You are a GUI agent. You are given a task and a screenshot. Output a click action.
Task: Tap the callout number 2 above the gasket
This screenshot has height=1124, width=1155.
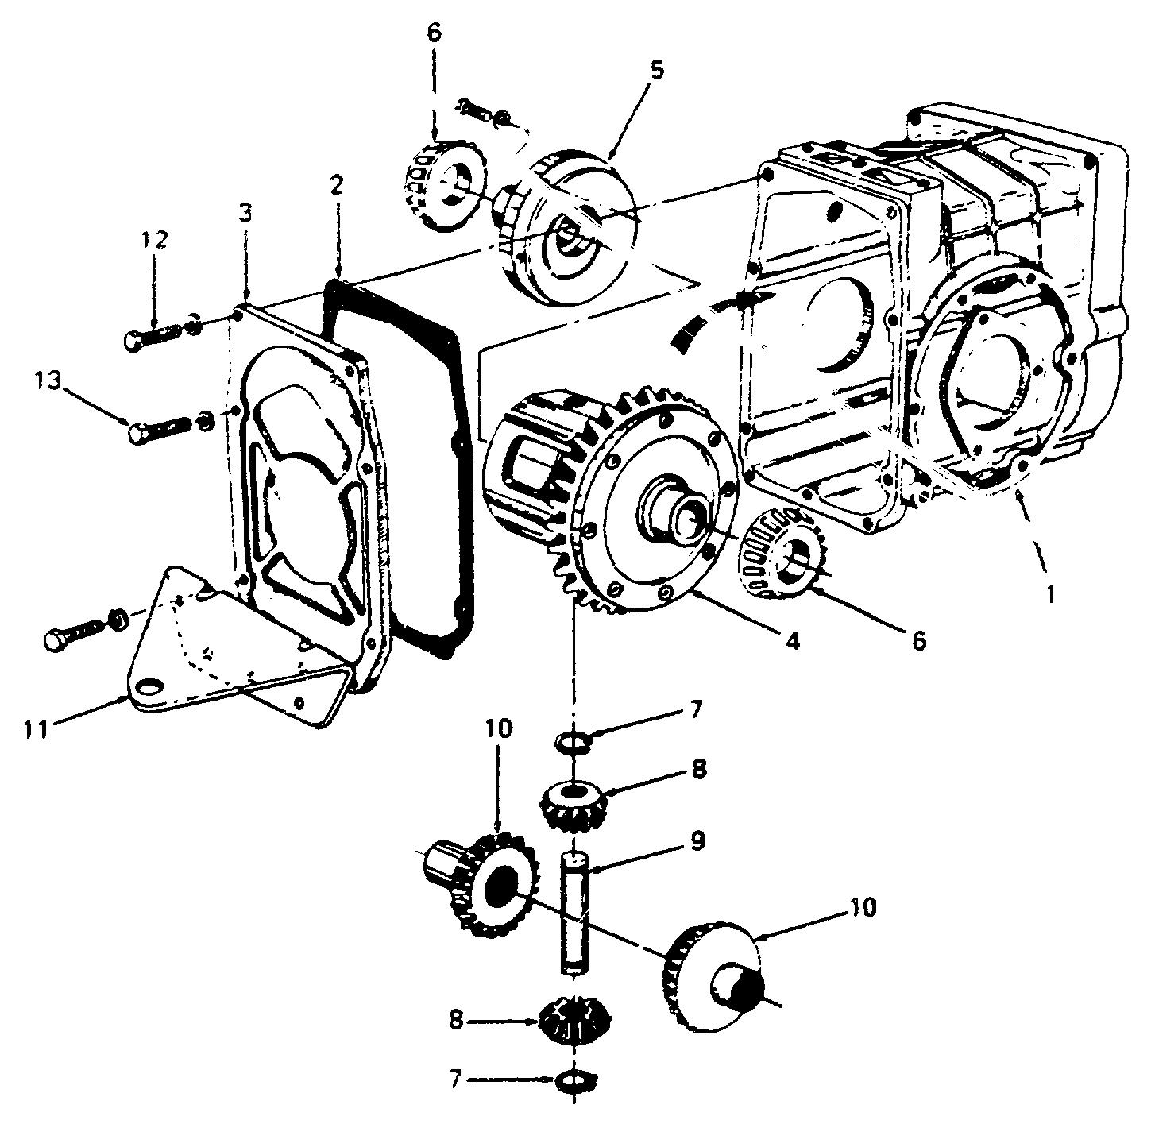point(337,186)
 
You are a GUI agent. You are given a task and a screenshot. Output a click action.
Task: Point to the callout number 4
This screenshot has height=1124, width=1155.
point(793,640)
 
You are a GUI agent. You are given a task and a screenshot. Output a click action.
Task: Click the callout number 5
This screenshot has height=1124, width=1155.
point(656,70)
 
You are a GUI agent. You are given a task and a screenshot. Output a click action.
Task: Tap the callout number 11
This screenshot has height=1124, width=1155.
point(36,728)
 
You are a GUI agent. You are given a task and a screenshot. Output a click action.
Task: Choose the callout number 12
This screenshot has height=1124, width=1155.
point(154,239)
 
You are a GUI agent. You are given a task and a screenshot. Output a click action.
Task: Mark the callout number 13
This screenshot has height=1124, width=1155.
point(48,380)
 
